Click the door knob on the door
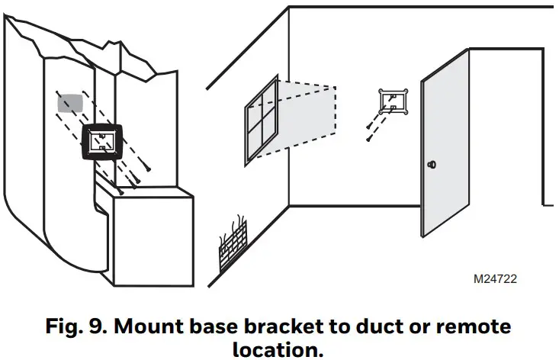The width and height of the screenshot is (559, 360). point(432,164)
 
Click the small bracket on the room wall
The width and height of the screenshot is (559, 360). point(394,100)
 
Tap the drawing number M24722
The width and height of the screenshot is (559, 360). point(495,280)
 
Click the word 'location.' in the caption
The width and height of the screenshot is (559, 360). point(279,349)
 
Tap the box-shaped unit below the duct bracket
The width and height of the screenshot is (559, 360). point(153,236)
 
